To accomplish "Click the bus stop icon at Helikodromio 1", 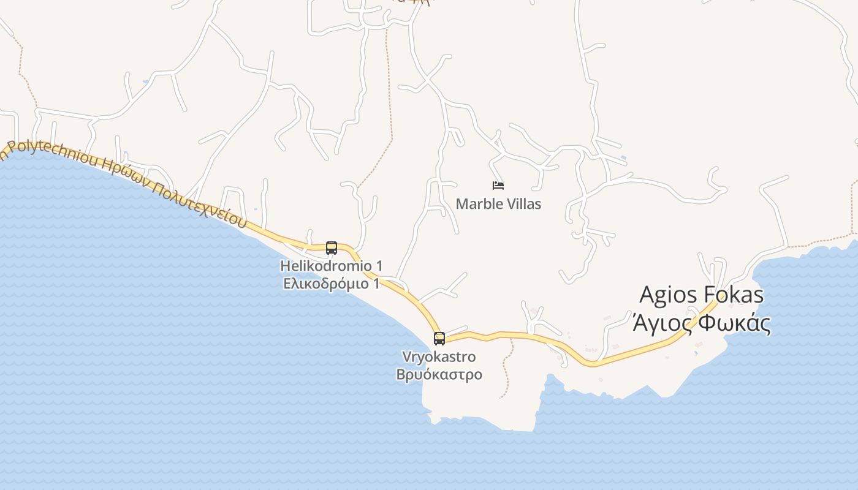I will (332, 248).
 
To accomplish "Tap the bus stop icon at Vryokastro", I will (439, 338).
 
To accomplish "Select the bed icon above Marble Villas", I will (498, 185).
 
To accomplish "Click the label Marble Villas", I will (498, 204).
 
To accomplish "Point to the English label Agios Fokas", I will (702, 295).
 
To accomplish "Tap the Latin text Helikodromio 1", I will (332, 266).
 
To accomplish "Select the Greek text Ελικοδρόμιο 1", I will (332, 284).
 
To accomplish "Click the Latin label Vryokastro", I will (439, 356).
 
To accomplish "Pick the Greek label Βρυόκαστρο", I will (439, 374).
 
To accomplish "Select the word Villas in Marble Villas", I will (522, 204).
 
